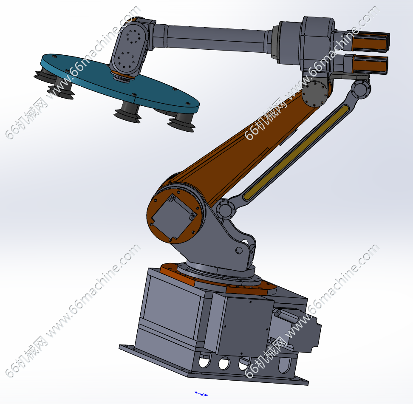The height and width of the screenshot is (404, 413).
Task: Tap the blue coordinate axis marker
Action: click(201, 394)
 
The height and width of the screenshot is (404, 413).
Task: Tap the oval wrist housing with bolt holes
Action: click(129, 50)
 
